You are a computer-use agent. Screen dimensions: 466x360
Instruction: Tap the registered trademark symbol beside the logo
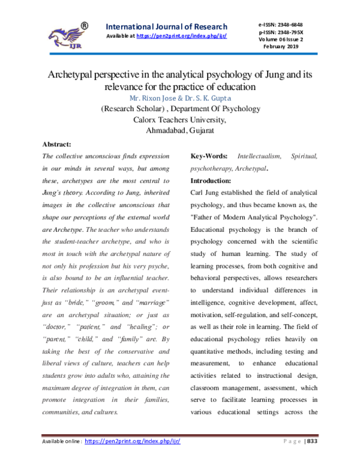85,26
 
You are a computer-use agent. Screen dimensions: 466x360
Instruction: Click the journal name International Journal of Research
166,26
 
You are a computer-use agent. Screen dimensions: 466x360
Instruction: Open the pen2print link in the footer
133,441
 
